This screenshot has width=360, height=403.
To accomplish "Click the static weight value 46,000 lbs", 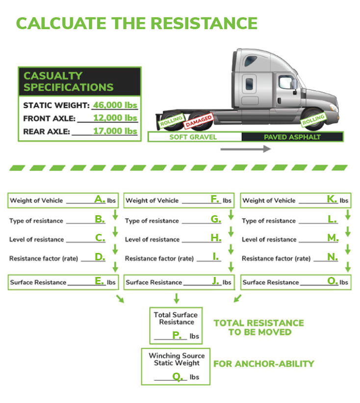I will (114, 105).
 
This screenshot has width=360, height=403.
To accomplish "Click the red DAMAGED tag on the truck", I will (199, 120).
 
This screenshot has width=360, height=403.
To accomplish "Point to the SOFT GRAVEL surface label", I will (193, 137).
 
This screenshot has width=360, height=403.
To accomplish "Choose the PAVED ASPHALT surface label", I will (292, 137).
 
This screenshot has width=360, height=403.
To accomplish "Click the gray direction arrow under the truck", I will (245, 149).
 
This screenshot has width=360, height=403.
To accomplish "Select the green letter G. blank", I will (216, 220).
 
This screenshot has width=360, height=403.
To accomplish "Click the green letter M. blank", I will (333, 238).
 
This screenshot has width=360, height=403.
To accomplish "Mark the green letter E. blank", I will (100, 281).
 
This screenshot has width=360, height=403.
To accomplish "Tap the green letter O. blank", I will (333, 281).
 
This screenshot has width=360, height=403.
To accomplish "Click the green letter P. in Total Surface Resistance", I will (177, 335).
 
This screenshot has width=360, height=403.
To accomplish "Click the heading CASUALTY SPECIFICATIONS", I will (69, 81).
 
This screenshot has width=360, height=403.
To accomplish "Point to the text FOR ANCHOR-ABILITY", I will (263, 364).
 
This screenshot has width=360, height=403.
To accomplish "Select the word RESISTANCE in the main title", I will (204, 23).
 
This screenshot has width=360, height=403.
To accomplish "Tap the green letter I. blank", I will (215, 257).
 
